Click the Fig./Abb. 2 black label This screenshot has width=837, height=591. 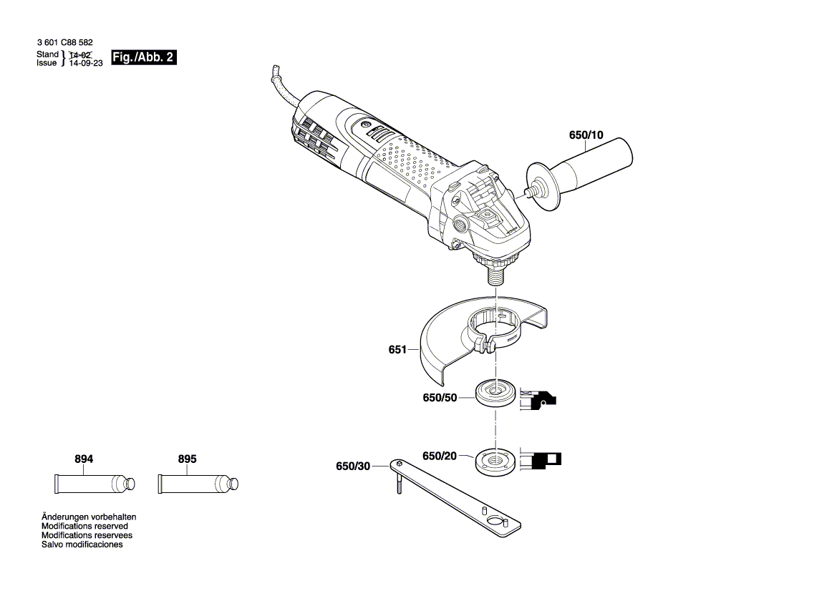[143, 58]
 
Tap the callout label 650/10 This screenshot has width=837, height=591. [586, 135]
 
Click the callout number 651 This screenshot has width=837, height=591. [398, 350]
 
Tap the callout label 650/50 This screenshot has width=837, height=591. [440, 398]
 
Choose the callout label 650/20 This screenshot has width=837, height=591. [439, 456]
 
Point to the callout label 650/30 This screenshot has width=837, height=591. [353, 467]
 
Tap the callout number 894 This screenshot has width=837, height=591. [84, 459]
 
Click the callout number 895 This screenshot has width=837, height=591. [187, 459]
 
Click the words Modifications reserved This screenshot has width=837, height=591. [84, 526]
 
